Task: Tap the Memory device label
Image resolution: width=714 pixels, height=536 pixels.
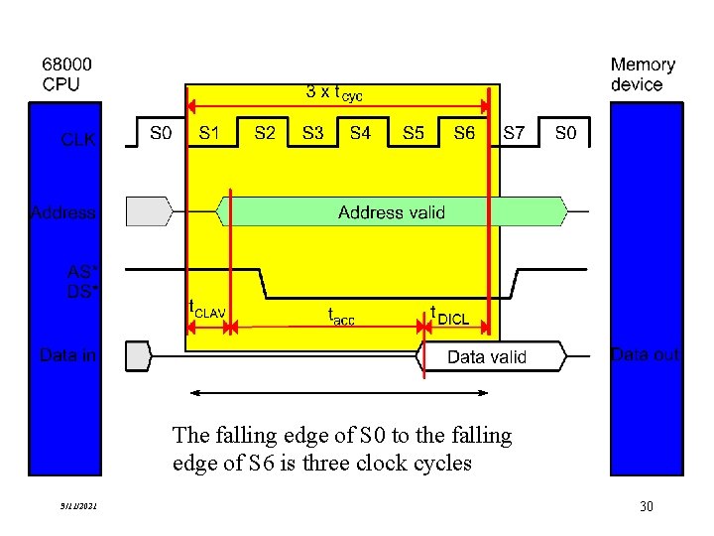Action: [643, 74]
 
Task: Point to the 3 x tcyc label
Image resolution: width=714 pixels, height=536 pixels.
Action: [334, 92]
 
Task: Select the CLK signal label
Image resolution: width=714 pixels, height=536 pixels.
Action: [78, 140]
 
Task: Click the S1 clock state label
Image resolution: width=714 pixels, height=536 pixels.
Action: [210, 132]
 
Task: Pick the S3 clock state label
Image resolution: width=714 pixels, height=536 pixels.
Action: [312, 132]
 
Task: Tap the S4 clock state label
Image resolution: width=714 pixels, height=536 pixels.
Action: [360, 132]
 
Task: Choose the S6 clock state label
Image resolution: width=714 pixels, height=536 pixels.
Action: [464, 132]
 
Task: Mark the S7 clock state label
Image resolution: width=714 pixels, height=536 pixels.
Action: [515, 132]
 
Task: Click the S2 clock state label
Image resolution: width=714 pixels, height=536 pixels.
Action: [265, 132]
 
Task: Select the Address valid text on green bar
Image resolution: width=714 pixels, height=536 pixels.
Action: [391, 211]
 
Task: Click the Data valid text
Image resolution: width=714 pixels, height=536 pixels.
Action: [487, 356]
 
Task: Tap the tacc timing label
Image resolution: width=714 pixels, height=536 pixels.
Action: [341, 315]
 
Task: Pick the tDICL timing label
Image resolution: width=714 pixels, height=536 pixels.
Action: [448, 316]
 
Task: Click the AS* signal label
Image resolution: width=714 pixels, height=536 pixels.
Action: [81, 270]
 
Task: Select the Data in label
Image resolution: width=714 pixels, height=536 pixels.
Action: [67, 354]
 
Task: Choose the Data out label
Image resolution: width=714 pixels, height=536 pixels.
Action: [646, 354]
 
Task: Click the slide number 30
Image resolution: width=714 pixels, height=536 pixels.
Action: [647, 507]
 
